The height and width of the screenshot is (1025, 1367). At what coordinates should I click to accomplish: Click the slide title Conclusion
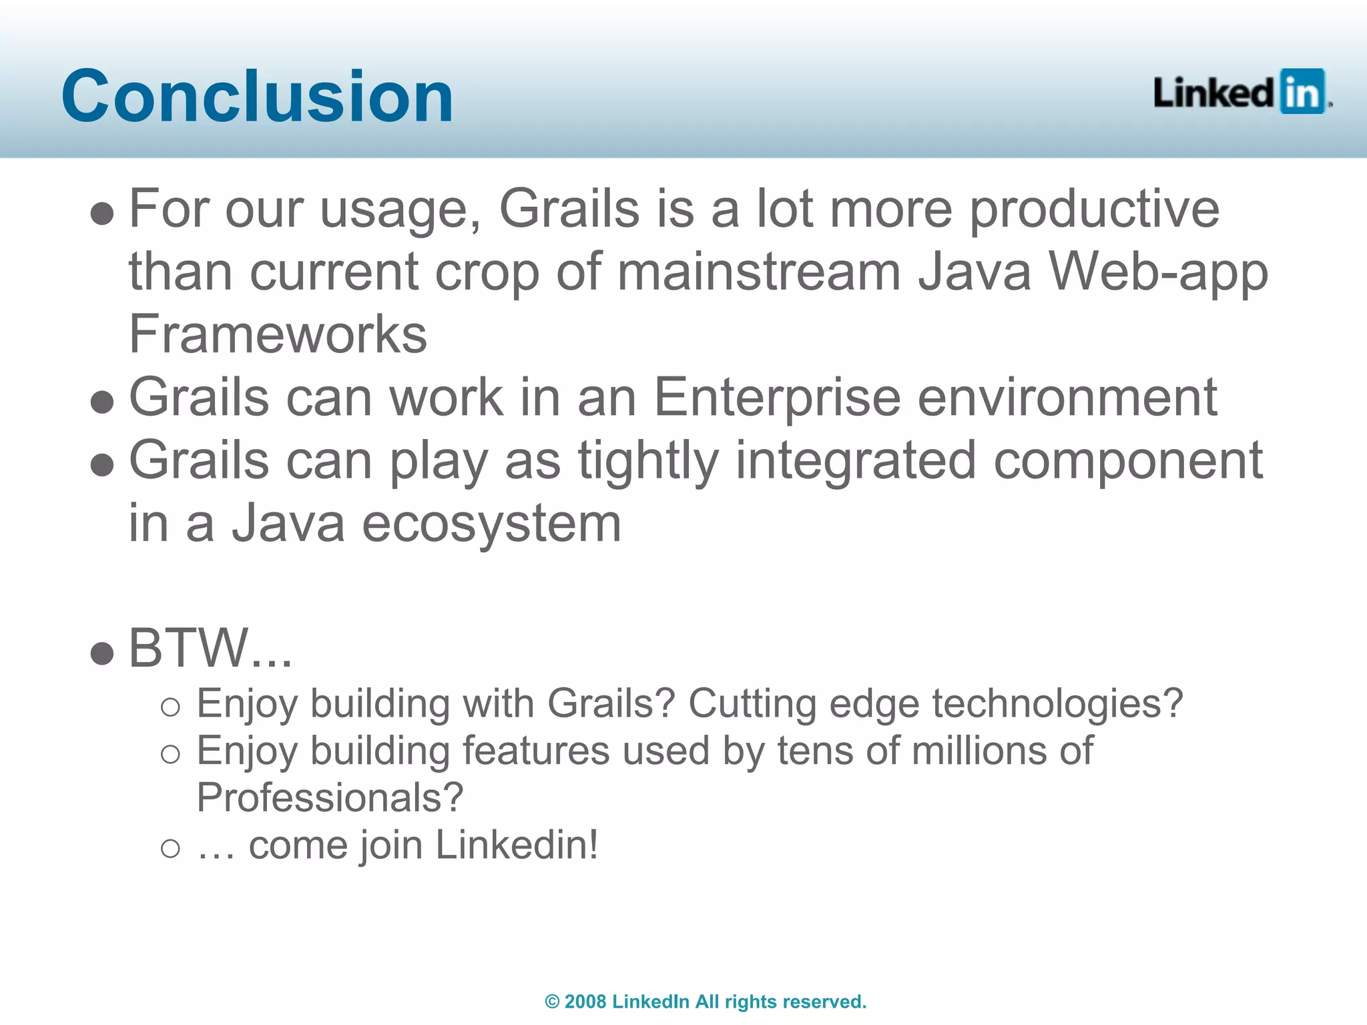point(257,97)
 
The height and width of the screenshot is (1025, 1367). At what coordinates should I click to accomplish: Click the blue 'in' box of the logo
point(1302,91)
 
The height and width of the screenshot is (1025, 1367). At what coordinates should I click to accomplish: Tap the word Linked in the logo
point(1213,93)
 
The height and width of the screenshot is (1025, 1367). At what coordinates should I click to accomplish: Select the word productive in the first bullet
point(1094,210)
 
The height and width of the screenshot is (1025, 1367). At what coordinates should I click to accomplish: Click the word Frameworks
point(278,334)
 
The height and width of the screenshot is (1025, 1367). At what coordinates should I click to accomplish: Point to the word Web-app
point(1158,272)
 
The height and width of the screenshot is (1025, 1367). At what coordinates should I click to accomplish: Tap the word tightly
point(648,462)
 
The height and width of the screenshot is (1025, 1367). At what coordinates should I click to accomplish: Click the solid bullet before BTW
point(102,653)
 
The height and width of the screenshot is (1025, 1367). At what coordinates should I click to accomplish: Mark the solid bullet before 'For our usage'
point(102,214)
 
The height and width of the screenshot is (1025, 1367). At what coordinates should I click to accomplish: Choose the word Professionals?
point(330,797)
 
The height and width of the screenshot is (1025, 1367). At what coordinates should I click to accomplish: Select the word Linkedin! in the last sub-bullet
point(517,845)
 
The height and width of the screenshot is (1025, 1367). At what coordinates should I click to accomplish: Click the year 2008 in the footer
point(585,1002)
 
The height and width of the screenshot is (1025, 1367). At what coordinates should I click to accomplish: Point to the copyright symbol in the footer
point(552,1002)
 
